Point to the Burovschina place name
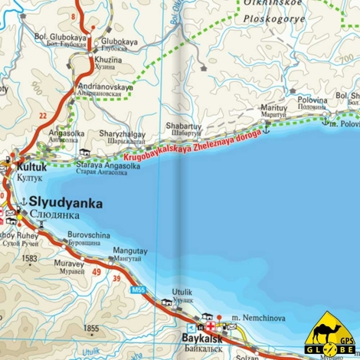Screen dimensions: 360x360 click(89, 235)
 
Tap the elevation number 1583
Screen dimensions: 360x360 click(30, 259)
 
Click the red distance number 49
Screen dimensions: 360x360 click(97, 270)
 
